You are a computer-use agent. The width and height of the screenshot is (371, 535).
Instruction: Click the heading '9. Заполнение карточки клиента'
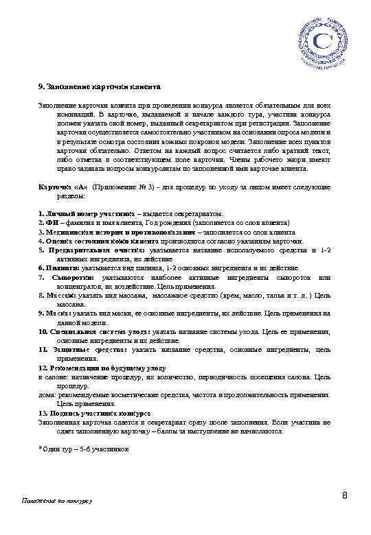coord(99,88)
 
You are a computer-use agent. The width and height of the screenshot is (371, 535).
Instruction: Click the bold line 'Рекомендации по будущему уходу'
coord(100,368)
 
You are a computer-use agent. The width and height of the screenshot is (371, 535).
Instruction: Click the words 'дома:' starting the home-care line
coord(47,395)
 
